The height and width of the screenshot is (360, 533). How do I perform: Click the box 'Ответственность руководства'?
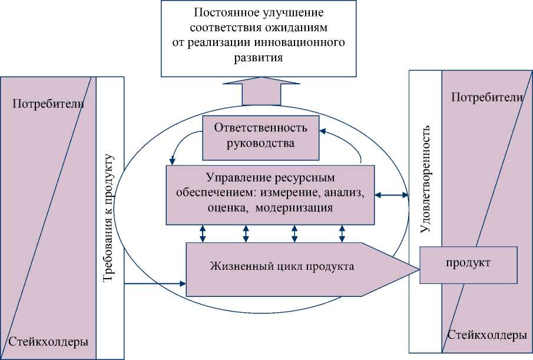point(260,137)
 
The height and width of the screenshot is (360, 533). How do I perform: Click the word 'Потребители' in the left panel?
point(48,105)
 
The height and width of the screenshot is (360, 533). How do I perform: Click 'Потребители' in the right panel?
point(487,97)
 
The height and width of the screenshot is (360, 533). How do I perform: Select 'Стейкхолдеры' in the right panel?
point(487,335)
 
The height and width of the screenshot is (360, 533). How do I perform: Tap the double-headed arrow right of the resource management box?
point(392,194)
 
